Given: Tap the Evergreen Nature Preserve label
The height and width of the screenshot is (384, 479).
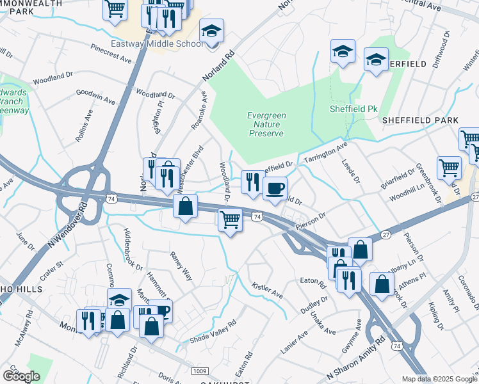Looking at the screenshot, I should pos(266,124).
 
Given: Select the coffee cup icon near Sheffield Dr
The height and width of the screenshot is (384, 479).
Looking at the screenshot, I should pos(275,189).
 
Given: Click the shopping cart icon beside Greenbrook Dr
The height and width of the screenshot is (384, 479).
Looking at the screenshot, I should pos(449,167).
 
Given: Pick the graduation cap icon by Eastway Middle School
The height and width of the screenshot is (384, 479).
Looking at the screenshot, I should pos(211,31).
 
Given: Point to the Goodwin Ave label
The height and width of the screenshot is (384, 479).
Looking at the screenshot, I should pos(95,97).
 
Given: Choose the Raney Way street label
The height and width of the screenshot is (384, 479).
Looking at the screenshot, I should pos(181,266).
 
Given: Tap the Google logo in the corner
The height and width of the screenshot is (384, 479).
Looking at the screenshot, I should pos(21,376).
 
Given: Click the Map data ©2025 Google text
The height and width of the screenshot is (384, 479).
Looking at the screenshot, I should pos(439,379).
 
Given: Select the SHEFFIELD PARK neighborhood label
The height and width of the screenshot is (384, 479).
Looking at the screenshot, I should pos(420,120).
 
